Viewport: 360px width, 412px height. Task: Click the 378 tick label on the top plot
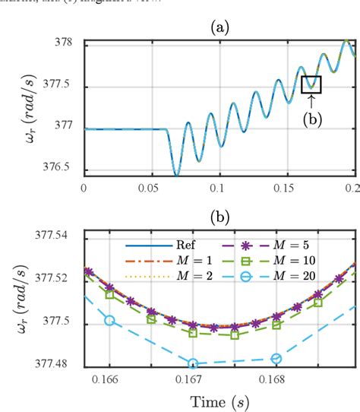point(68,43)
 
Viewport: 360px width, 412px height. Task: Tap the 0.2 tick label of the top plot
point(350,186)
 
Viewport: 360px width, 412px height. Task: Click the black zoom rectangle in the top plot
point(311,84)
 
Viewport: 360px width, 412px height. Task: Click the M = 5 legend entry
point(270,246)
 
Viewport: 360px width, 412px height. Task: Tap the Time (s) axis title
point(220,400)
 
